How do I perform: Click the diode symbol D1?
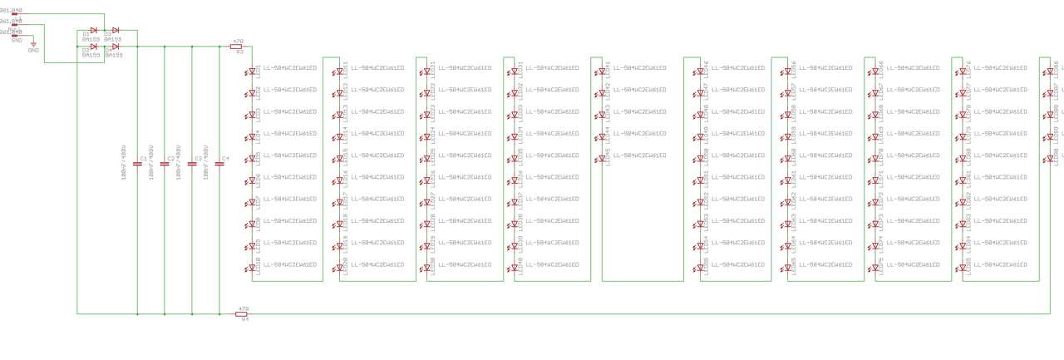point(93,31)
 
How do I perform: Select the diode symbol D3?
point(115,31)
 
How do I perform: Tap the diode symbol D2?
point(93,47)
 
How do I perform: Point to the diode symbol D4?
point(115,47)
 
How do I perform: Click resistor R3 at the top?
point(237,47)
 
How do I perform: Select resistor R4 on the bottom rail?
point(243,313)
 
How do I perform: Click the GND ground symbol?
point(33,45)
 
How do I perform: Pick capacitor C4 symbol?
point(219,164)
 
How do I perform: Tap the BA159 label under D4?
point(114,55)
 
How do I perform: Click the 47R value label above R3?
point(238,40)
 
